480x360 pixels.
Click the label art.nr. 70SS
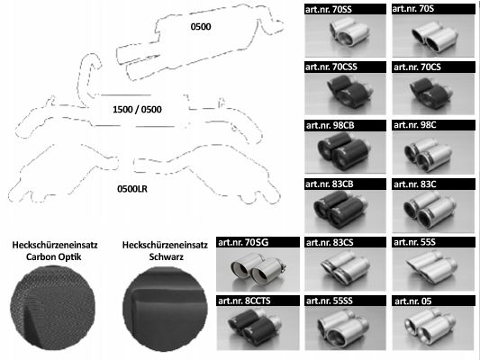click(329, 10)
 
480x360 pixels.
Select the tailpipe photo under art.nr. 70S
click(433, 36)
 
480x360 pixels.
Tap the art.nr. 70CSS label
click(331, 67)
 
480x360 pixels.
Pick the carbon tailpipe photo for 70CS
click(433, 94)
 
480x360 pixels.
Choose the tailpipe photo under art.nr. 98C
click(433, 152)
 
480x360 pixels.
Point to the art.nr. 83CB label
click(330, 184)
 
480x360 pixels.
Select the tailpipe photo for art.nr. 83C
click(433, 211)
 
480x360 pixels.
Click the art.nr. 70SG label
click(243, 242)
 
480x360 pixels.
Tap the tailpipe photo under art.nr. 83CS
click(345, 269)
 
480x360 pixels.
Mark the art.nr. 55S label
click(414, 242)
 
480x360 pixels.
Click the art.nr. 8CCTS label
click(244, 301)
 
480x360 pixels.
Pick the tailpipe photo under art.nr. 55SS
click(345, 328)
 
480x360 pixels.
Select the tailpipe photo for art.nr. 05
click(433, 328)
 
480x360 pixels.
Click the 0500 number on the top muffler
click(201, 27)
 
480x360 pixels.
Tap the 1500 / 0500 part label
click(137, 110)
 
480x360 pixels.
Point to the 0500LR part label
click(132, 189)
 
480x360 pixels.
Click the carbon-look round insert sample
click(52, 308)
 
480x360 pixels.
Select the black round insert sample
click(166, 309)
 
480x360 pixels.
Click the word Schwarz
click(167, 256)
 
